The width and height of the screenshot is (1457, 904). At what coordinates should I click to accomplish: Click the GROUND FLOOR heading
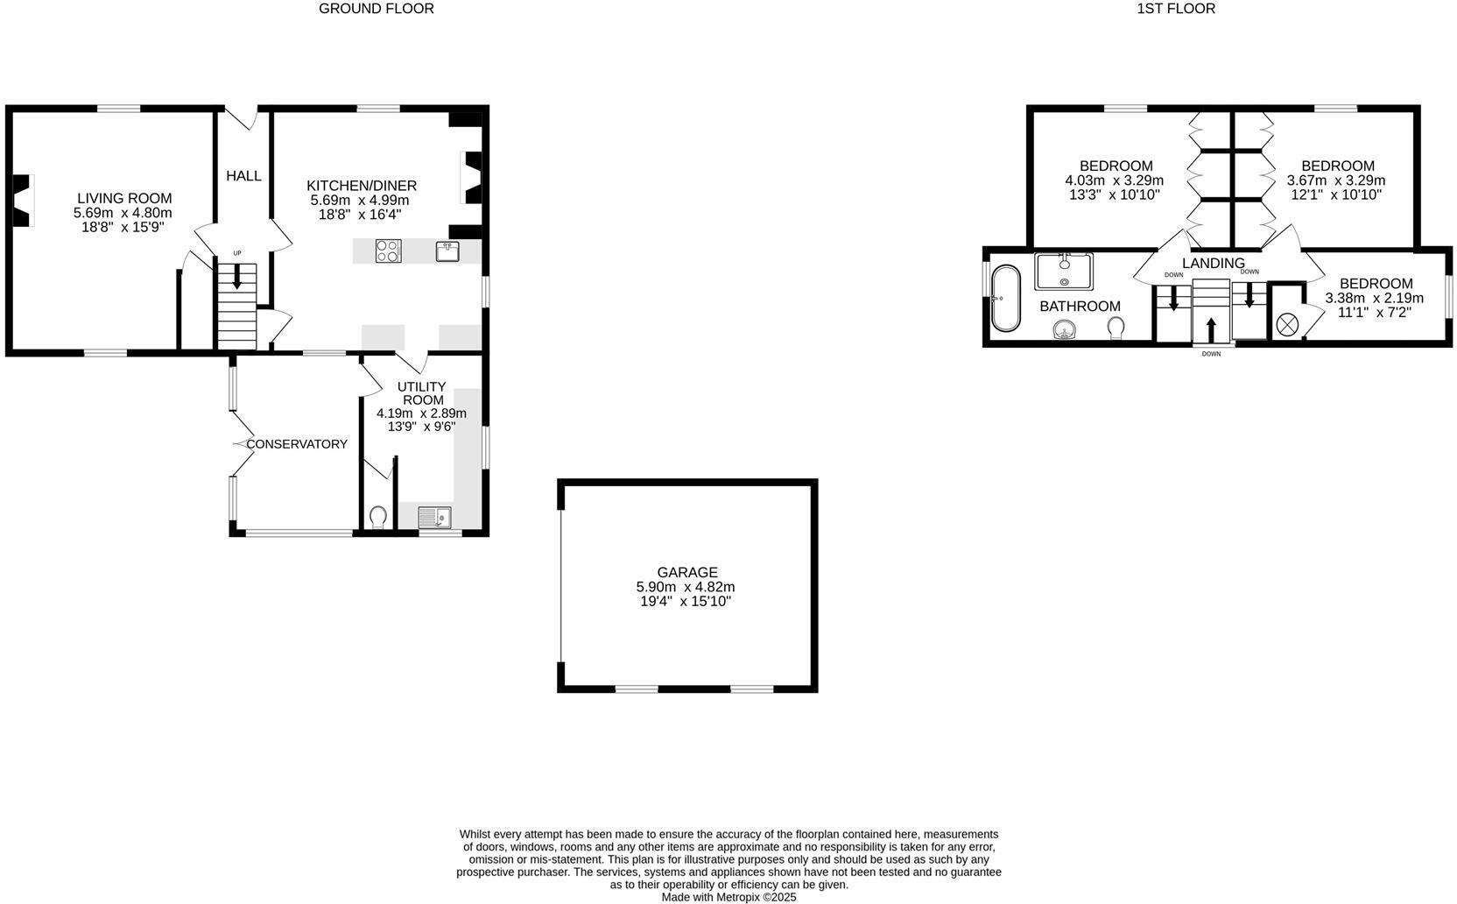point(376,9)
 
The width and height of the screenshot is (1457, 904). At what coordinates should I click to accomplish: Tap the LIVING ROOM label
point(124,199)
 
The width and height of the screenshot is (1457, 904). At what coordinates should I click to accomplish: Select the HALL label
point(243,176)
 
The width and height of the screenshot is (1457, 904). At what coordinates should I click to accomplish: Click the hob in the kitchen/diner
point(388,251)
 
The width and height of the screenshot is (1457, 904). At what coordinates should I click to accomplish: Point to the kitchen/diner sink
point(447,251)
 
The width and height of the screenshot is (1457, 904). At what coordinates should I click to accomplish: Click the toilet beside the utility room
point(378,518)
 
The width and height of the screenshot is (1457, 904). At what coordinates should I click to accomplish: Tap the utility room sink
point(434,518)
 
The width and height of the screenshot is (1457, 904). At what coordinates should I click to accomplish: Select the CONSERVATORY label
point(296,444)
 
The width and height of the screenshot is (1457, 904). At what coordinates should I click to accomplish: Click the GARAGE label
point(687,573)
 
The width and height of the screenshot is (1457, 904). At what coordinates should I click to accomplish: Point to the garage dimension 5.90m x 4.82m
point(686,587)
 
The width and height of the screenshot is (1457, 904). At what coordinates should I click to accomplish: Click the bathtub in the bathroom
point(1006,298)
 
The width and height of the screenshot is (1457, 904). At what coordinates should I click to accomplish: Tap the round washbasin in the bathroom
point(1064,329)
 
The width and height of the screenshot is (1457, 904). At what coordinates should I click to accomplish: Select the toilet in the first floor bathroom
point(1116,328)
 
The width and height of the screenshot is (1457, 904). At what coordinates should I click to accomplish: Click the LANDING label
point(1213,264)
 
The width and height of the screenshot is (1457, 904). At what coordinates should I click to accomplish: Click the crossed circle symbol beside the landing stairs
point(1287,324)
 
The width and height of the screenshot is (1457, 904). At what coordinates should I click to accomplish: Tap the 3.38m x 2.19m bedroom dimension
point(1374,298)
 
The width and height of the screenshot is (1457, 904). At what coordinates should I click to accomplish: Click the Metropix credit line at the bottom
point(728,897)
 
